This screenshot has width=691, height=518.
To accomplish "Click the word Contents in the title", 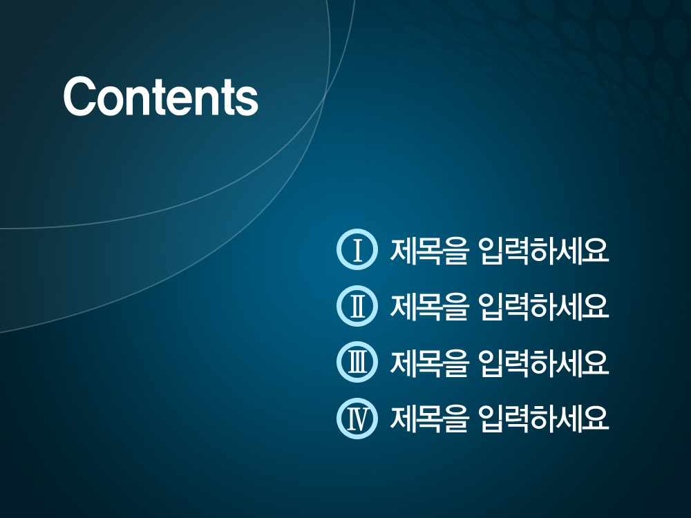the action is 161,97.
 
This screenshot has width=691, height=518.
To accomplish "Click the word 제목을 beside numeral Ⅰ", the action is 428,251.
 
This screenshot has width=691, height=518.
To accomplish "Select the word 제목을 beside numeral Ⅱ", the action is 428,307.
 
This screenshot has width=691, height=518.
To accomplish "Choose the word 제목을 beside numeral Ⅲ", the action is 428,363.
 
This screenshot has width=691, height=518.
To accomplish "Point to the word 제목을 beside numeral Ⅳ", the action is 428,419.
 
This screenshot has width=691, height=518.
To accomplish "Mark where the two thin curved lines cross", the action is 325,95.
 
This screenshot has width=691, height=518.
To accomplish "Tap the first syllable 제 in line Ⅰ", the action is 402,251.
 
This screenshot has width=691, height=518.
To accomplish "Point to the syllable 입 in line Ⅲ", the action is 491,363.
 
